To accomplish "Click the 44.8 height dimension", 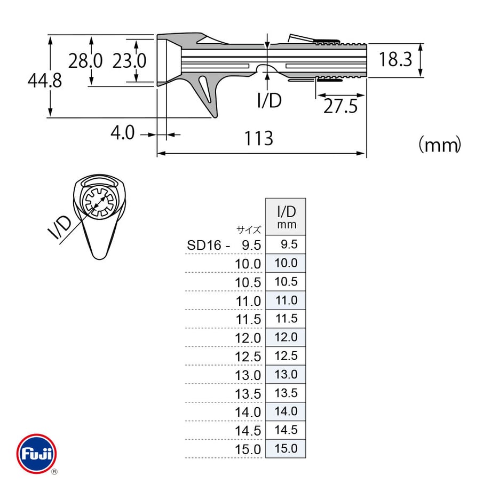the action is coord(44,80).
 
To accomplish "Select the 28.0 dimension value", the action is coord(85,61).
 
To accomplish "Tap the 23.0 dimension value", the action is coord(129,61).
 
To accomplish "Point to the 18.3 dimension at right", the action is coord(395,59).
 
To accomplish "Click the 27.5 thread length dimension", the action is coord(340,106).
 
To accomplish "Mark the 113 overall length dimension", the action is coord(259,138).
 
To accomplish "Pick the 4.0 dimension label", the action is coord(122,132).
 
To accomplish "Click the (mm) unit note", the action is coord(440,145).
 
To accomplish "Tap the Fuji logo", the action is coord(37,454).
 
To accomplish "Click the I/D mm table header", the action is coord(286,217).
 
